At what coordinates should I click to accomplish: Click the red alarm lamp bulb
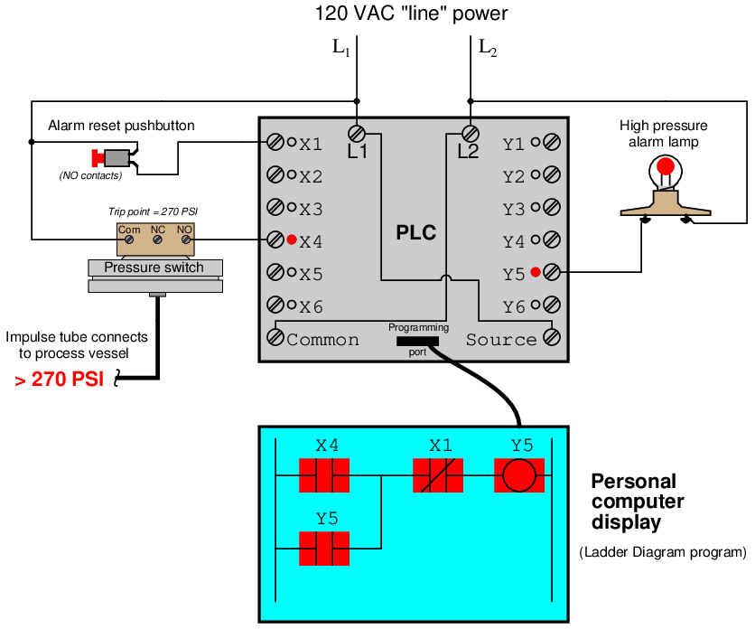[x=666, y=166]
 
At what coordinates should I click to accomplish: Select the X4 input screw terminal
[x=275, y=240]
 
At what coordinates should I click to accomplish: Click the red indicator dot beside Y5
[x=536, y=272]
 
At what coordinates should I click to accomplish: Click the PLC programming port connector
[x=417, y=341]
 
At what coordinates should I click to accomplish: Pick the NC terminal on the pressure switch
[x=157, y=240]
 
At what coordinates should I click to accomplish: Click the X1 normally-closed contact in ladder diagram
[x=438, y=474]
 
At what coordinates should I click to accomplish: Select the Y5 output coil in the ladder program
[x=519, y=474]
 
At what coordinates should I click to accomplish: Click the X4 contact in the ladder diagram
[x=324, y=474]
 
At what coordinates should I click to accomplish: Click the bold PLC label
[x=416, y=233]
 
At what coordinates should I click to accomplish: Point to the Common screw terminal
[x=275, y=337]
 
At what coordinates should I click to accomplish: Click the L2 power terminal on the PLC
[x=469, y=133]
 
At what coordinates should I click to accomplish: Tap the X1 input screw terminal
[x=275, y=142]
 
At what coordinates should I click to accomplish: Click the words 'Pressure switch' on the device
[x=154, y=268]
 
